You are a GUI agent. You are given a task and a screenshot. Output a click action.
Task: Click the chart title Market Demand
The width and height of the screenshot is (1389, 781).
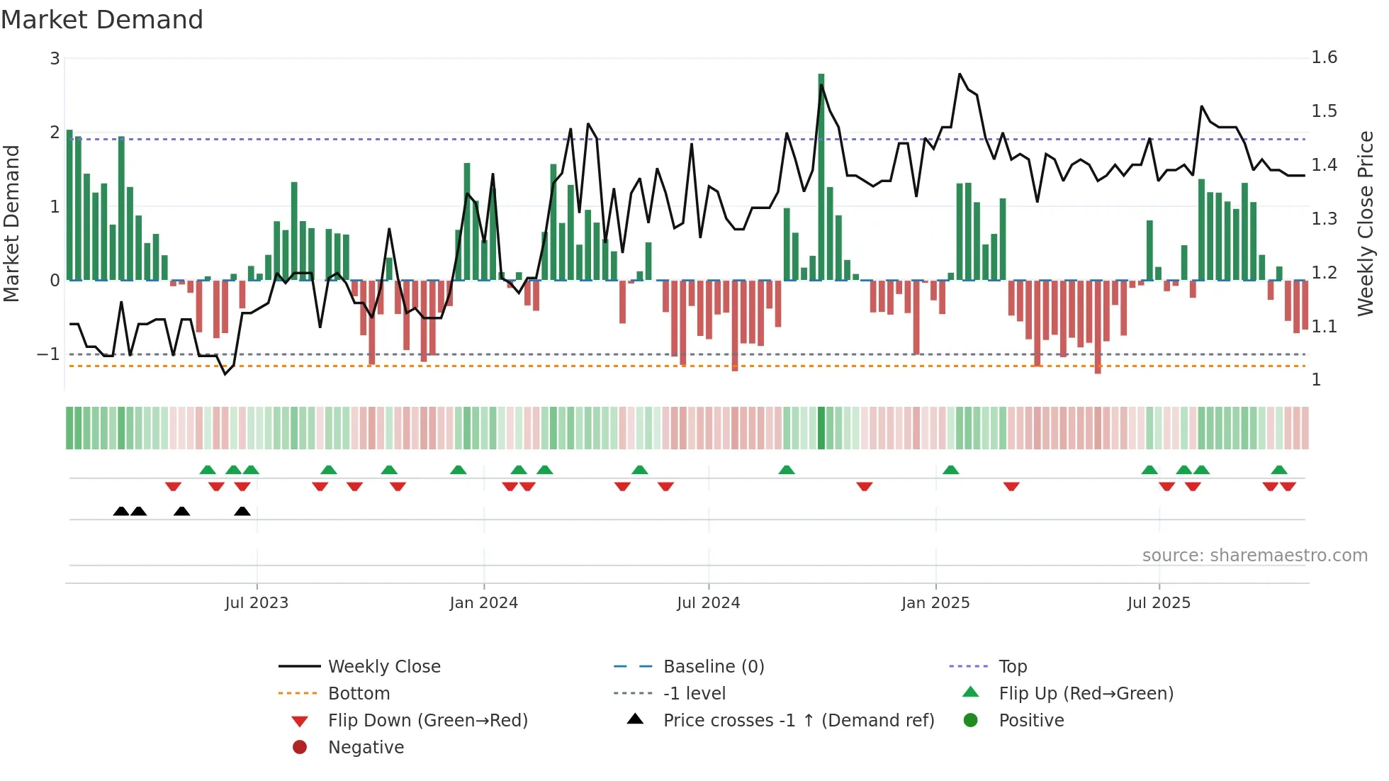(x=102, y=20)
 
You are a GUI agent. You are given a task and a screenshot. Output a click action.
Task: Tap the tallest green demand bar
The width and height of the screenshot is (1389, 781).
(x=821, y=177)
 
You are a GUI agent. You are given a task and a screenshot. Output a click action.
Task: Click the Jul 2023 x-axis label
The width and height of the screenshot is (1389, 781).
(x=257, y=603)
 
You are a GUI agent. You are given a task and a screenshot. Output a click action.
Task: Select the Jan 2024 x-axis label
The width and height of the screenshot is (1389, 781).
(x=483, y=603)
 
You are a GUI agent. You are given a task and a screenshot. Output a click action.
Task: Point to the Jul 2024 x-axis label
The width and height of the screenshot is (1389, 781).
(x=708, y=603)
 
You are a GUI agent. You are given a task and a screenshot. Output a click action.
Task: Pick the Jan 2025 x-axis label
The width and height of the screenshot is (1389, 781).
(x=935, y=603)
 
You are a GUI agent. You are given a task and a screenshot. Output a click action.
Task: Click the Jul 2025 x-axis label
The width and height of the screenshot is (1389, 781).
(x=1159, y=603)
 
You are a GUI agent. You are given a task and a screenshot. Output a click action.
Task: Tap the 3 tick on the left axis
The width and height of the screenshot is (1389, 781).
(x=55, y=59)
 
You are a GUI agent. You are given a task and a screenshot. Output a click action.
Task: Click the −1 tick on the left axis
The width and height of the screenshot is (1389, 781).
(x=49, y=354)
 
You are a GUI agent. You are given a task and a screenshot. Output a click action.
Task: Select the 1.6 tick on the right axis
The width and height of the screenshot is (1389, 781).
(x=1324, y=57)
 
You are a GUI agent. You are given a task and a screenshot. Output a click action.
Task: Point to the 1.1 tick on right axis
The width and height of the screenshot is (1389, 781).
(x=1324, y=327)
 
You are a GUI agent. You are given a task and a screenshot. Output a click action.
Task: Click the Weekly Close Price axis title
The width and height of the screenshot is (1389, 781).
(x=1365, y=223)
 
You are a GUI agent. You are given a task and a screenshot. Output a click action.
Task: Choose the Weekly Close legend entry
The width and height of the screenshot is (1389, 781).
(x=383, y=667)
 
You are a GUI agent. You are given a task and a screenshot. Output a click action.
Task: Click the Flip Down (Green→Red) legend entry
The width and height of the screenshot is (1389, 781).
(x=427, y=721)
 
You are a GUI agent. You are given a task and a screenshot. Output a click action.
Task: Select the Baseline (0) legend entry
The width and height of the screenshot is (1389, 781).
(x=713, y=667)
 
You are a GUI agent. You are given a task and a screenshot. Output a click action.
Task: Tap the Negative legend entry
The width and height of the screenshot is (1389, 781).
(x=366, y=748)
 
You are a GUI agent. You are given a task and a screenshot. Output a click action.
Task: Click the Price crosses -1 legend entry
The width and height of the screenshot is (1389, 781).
(x=798, y=721)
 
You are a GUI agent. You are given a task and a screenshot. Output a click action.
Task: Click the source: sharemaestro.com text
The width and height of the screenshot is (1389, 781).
(x=1254, y=556)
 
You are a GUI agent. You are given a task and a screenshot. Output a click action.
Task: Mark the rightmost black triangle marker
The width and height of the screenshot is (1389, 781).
(x=242, y=512)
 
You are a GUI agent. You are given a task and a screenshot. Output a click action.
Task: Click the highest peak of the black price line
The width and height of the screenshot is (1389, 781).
(x=960, y=74)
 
